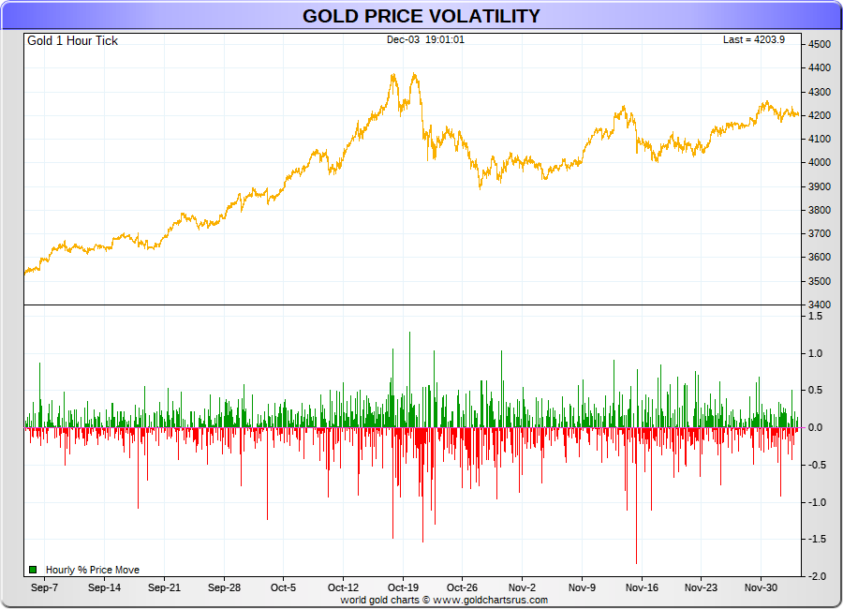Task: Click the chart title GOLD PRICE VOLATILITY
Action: pos(421,16)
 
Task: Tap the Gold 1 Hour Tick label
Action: pos(72,41)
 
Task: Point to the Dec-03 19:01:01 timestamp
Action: pos(426,39)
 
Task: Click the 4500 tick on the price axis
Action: pos(820,45)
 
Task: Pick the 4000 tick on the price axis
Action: pos(820,163)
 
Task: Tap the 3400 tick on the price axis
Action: pos(820,305)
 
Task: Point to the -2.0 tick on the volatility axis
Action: pos(817,576)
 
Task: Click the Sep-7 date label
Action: pos(44,588)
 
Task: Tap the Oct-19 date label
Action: pos(403,588)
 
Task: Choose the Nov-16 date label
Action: pos(642,588)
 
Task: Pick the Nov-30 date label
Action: pos(761,588)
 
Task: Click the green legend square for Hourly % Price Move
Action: pos(33,570)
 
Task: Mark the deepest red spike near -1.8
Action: pos(636,560)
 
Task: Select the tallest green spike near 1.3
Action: pos(409,334)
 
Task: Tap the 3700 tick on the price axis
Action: pos(820,234)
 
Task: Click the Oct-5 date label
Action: pos(283,588)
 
